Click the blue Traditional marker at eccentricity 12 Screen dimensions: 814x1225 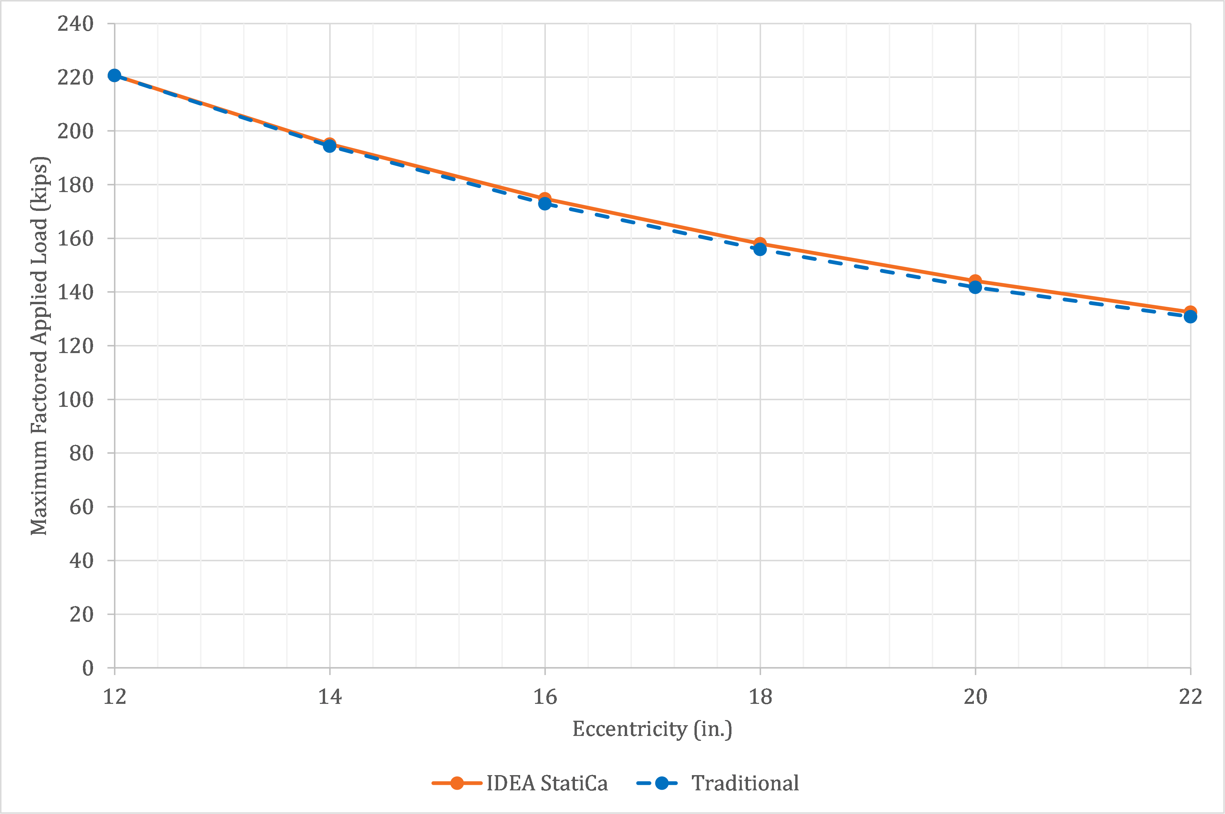tap(114, 76)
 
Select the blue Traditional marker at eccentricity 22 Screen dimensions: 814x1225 tap(1190, 317)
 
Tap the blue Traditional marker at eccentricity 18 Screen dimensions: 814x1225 tap(760, 250)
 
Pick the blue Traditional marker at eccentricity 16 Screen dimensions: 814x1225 tap(545, 203)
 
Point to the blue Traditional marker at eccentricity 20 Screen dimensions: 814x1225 tap(975, 287)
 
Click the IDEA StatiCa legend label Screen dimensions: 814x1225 tap(547, 783)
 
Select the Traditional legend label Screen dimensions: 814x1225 tap(745, 783)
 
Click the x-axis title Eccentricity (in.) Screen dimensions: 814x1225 tap(652, 729)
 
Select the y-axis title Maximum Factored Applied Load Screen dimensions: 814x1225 tap(40, 346)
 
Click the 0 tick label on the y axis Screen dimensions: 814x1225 tap(88, 668)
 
